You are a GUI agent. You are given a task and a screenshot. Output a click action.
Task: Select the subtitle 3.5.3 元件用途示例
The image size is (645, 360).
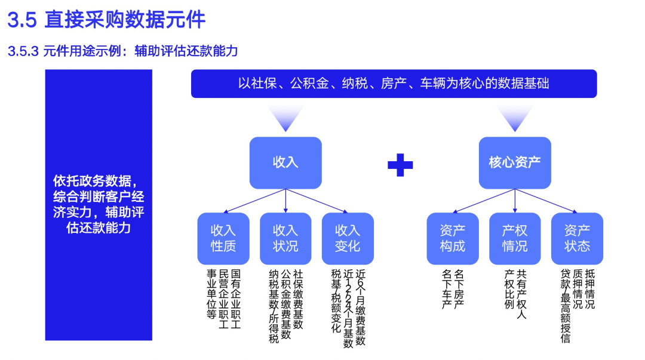coord(123,51)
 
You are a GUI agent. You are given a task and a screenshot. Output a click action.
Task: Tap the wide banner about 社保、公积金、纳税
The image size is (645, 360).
coord(394,84)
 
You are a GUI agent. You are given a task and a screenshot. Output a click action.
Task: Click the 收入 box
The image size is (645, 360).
coord(285,162)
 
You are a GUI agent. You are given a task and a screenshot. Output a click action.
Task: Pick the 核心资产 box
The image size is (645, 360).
coord(515,162)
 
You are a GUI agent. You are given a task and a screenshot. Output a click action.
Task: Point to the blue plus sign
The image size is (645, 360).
coord(400,165)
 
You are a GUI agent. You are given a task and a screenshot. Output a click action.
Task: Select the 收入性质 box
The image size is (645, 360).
coord(223,238)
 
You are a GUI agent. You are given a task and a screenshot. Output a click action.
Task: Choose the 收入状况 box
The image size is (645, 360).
coord(285,238)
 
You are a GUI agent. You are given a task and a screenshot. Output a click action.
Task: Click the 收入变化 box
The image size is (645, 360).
coord(348,238)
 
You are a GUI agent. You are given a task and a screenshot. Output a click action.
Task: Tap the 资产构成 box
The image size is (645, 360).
coord(452,238)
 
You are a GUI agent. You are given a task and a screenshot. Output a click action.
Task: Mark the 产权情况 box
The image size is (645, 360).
coord(514,238)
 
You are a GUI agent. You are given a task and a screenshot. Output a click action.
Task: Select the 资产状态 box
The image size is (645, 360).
coord(577,238)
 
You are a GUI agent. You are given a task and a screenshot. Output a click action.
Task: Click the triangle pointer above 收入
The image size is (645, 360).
coord(285,118)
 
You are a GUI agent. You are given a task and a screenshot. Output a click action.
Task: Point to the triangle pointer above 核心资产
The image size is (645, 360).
coord(515,118)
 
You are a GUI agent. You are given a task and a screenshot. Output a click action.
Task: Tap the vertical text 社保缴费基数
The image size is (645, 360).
coord(298,299)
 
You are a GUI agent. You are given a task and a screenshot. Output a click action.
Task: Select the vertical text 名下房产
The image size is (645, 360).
coord(459,289)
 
